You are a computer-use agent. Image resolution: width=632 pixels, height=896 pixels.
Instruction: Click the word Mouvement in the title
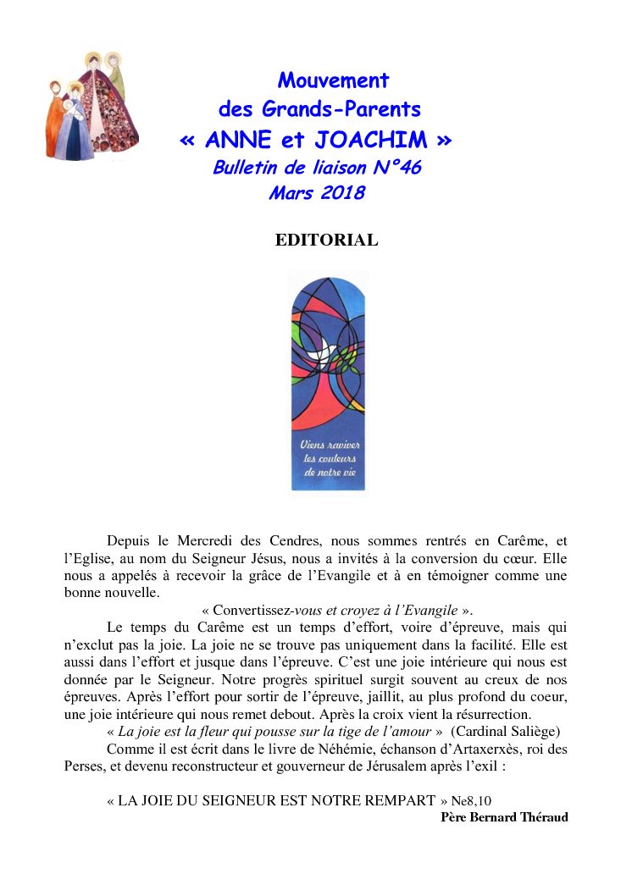tap(333, 81)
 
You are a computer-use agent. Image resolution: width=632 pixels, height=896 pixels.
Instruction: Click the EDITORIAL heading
tap(326, 241)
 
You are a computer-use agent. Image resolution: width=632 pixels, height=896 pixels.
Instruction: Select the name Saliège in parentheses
tap(529, 731)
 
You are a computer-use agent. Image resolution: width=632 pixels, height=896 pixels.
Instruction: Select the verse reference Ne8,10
tap(470, 800)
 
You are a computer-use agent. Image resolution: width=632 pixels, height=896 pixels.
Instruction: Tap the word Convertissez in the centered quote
tap(252, 610)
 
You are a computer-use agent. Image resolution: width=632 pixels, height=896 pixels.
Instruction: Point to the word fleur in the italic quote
tap(229, 731)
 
